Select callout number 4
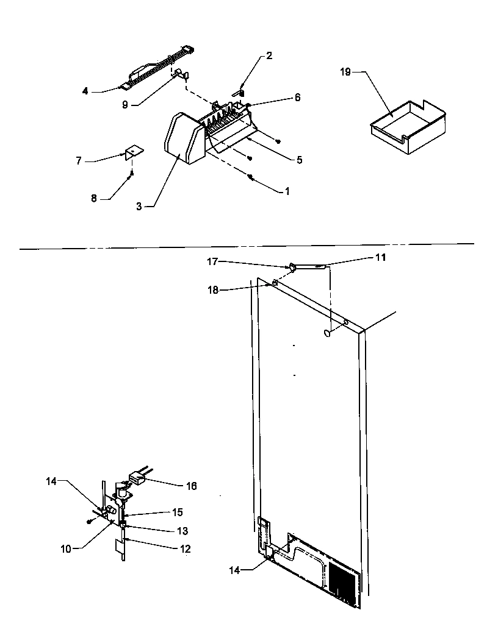coord(85,91)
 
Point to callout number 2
coord(269,55)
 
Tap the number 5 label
coord(299,160)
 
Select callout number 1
coord(286,191)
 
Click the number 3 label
coord(139,206)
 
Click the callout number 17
coord(212,263)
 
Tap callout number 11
coord(380,258)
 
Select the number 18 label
coord(212,291)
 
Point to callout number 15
coord(178,512)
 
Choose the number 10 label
coord(66,548)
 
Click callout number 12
coord(186,549)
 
